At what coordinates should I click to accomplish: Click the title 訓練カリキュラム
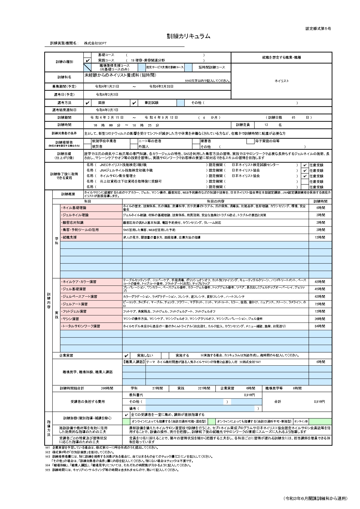point(188,36)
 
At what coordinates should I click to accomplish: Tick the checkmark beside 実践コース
point(87,60)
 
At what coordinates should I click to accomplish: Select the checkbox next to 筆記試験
point(134,103)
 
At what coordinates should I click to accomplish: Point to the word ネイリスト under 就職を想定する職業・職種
point(282,81)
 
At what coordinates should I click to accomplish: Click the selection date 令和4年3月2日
point(107,95)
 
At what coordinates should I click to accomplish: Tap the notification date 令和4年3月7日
point(107,110)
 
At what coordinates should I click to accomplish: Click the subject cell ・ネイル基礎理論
point(91,208)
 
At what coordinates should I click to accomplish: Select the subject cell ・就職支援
point(91,237)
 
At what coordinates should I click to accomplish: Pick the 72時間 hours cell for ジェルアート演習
point(320,304)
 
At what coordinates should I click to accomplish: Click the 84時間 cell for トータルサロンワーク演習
point(320,326)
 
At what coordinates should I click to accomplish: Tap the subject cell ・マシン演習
point(91,319)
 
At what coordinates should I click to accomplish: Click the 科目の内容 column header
point(215,201)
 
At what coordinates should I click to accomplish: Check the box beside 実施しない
point(126,355)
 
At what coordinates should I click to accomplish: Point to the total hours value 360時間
point(107,388)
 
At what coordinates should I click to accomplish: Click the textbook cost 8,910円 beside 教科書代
point(249,395)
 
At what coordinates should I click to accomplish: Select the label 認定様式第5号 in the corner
point(318,28)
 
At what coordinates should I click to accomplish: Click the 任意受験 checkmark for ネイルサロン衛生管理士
point(305,176)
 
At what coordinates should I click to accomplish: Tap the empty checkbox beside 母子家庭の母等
point(250,141)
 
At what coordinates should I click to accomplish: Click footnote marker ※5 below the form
point(48,470)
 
